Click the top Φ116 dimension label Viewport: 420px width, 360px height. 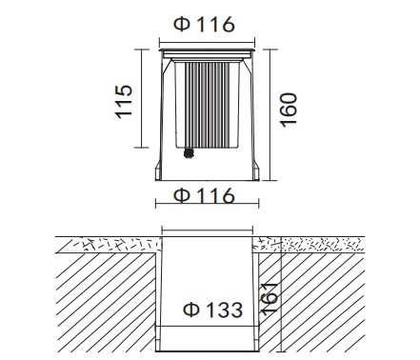point(204,25)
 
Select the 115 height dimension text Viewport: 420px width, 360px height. point(124,102)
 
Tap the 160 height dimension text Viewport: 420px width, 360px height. point(289,110)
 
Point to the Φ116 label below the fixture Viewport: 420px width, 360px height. point(204,195)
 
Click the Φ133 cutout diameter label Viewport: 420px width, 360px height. point(213,310)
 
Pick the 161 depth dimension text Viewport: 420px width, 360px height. point(270,299)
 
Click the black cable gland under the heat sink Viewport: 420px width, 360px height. point(189,153)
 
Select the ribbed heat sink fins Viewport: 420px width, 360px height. point(207,105)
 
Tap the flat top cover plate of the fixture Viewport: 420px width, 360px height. point(207,50)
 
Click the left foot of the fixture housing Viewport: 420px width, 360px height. point(158,170)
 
